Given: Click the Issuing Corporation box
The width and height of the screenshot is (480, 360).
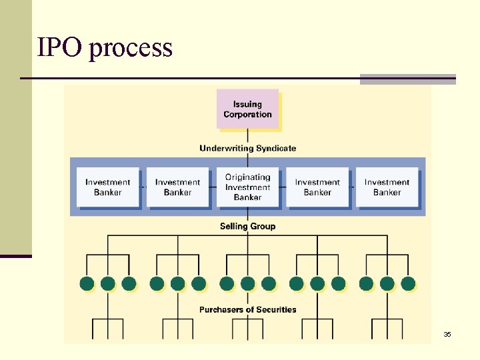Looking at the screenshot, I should [x=247, y=108].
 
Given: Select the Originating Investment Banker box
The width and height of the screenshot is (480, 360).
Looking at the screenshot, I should [x=247, y=187].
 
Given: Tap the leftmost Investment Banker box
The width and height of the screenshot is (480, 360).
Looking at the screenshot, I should [x=107, y=187].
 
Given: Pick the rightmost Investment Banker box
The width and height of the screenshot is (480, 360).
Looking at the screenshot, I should [x=387, y=187].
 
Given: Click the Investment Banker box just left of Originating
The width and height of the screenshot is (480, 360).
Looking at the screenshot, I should [x=177, y=187].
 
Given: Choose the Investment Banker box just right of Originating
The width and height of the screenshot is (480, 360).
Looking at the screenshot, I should [x=317, y=187].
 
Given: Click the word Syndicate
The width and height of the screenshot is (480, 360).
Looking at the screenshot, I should [x=275, y=148].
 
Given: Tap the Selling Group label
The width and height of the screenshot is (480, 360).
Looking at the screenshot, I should [x=247, y=226].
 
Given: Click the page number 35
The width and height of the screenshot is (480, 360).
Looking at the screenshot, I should [x=447, y=334].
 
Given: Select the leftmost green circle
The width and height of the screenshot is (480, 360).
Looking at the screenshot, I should [x=87, y=283].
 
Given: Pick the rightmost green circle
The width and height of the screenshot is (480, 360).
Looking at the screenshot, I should [x=408, y=283].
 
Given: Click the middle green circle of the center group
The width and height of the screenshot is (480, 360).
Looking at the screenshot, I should [x=247, y=283].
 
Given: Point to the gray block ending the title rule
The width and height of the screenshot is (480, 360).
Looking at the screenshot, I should [x=407, y=79].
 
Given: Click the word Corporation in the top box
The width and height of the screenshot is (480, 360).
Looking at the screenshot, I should [x=247, y=115].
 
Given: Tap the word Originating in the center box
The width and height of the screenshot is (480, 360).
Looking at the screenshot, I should [x=247, y=177].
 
